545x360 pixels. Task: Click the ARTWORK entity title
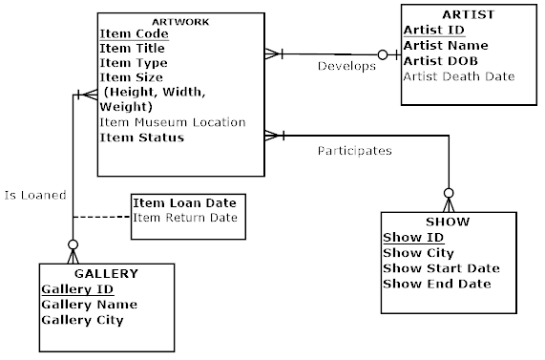pyautogui.click(x=181, y=21)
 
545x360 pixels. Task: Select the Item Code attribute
pyautogui.click(x=134, y=33)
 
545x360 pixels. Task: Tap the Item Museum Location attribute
pyautogui.click(x=173, y=122)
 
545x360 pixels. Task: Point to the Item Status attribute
pyautogui.click(x=142, y=138)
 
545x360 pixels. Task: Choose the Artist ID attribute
pyautogui.click(x=433, y=30)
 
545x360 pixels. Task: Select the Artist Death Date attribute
pyautogui.click(x=459, y=75)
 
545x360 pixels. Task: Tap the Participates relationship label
pyautogui.click(x=354, y=150)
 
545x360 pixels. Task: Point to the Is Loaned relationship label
pyautogui.click(x=34, y=195)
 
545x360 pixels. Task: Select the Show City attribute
pyautogui.click(x=418, y=252)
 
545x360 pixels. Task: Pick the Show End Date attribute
pyautogui.click(x=437, y=283)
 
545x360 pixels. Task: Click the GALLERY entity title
pyautogui.click(x=106, y=273)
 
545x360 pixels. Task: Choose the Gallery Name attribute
pyautogui.click(x=89, y=304)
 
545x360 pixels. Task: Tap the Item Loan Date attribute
pyautogui.click(x=184, y=202)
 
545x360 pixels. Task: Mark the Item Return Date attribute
pyautogui.click(x=184, y=218)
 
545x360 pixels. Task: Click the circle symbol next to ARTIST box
pyautogui.click(x=383, y=54)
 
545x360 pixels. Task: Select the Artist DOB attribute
pyautogui.click(x=439, y=60)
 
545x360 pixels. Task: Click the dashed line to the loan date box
pyautogui.click(x=100, y=218)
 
